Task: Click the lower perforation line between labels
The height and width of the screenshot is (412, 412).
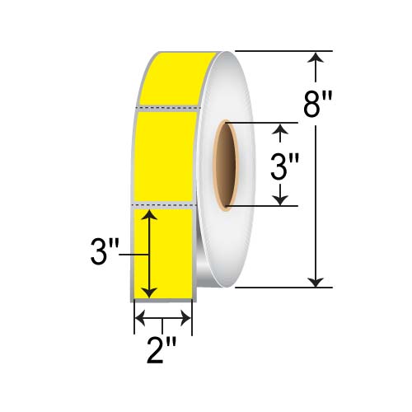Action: point(163,203)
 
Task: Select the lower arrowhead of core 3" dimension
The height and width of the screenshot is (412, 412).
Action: point(283,199)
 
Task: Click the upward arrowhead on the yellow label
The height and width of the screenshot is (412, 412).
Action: point(149,216)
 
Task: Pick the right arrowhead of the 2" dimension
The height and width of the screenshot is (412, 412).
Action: point(187,316)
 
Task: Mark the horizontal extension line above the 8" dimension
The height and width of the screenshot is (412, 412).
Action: point(280,51)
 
